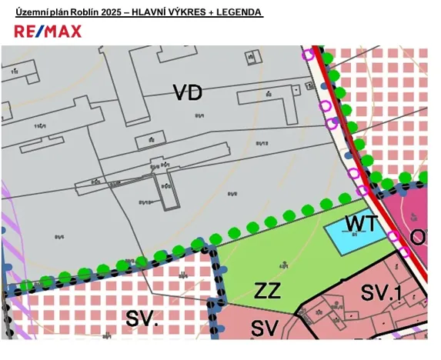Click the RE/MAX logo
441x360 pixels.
pos(48,31)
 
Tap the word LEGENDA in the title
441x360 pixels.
pos(239,13)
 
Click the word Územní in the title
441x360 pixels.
pos(32,13)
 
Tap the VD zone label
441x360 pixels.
pos(187,93)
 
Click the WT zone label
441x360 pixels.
pos(361,224)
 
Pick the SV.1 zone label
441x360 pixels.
pos(383,292)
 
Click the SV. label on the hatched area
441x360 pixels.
pos(141,319)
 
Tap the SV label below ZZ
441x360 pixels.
pos(264,327)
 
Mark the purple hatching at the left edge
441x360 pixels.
pos(9,231)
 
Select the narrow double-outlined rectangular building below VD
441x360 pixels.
pos(168,189)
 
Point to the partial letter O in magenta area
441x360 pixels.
pos(419,237)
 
